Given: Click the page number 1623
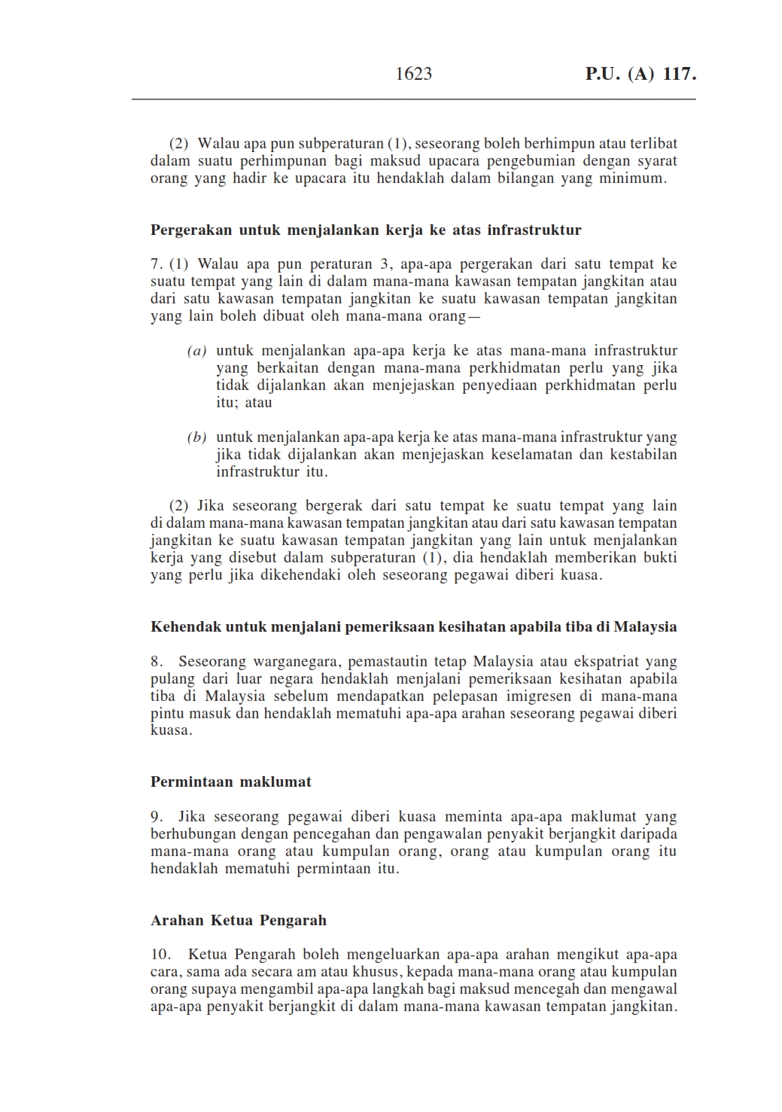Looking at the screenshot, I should point(413,74).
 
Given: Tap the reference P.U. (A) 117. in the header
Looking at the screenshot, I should point(641,74).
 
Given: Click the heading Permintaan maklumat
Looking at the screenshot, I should point(230,781).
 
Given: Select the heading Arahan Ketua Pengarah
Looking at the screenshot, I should point(239,920).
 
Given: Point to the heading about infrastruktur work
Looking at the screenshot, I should point(366,230).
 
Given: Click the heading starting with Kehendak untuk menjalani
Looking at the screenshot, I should point(413,626).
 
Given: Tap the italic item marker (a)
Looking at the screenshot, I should point(196,351).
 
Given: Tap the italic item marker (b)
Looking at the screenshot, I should point(196,437).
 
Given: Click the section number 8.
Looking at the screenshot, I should point(157,662).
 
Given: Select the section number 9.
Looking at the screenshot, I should point(157,817).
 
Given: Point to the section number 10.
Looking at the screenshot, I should point(161,955).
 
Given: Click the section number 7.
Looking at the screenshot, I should point(156,264).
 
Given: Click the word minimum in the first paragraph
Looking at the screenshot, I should point(633,179).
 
